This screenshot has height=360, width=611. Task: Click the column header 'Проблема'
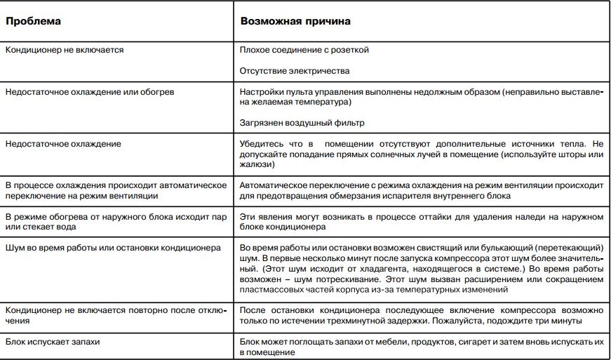pyautogui.click(x=33, y=21)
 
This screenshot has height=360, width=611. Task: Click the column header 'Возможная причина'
pyautogui.click(x=295, y=21)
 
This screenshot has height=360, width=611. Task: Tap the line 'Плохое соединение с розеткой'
pyautogui.click(x=304, y=50)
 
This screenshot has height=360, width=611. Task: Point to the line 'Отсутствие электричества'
pyautogui.click(x=294, y=71)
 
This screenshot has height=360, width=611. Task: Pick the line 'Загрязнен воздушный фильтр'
pyautogui.click(x=302, y=123)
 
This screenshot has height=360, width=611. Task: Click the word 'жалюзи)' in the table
pyautogui.click(x=256, y=164)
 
